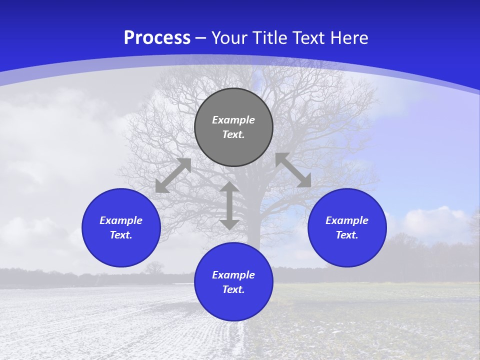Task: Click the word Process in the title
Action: [x=157, y=38]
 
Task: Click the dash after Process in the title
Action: [x=201, y=39]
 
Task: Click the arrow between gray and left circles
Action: [x=173, y=175]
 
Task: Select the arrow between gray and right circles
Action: [x=293, y=170]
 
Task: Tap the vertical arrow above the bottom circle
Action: [x=229, y=206]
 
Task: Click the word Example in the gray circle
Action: [x=233, y=120]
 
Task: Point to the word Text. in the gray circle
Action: [x=233, y=134]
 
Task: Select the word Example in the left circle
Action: [x=121, y=220]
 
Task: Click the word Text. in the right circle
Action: [x=347, y=235]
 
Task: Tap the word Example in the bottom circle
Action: [x=233, y=275]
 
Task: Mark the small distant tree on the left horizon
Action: [x=154, y=267]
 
